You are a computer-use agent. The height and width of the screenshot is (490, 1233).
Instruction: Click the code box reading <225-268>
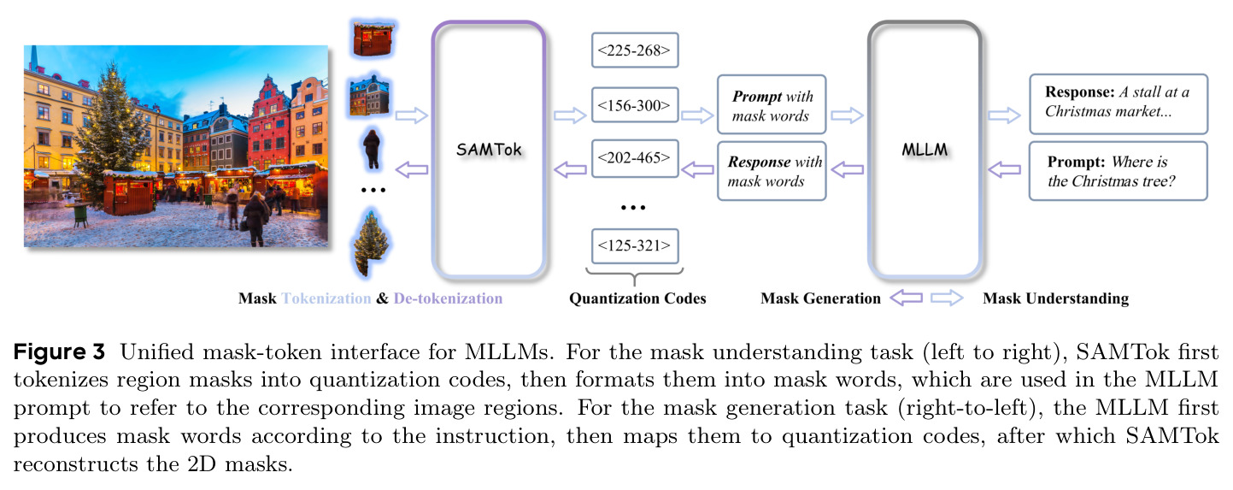tap(635, 50)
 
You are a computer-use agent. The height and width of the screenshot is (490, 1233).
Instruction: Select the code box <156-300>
tap(635, 104)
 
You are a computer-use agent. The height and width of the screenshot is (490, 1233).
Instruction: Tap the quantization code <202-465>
tap(635, 158)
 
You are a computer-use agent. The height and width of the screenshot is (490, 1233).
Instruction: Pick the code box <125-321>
tap(635, 245)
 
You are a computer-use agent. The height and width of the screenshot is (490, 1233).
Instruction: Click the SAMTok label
tap(489, 150)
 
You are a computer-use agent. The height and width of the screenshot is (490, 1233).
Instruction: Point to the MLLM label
tap(925, 150)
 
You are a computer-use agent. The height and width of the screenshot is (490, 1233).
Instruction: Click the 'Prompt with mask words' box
tap(772, 104)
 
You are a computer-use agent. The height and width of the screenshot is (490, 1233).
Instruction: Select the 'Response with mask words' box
tap(772, 171)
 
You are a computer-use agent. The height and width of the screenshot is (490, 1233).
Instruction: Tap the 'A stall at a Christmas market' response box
tap(1119, 104)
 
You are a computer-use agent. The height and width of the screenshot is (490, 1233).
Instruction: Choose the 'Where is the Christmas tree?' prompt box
tap(1119, 171)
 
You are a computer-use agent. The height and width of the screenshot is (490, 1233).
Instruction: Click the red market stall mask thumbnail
tap(373, 38)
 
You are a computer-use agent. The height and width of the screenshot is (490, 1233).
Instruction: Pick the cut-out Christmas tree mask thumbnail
tap(372, 243)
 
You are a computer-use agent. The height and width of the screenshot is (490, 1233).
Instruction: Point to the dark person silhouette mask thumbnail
tap(373, 149)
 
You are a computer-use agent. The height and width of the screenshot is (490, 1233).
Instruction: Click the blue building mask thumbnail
tap(369, 95)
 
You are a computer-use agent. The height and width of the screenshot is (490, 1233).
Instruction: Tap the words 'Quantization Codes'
tap(637, 298)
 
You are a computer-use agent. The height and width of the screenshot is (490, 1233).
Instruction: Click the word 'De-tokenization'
tap(448, 298)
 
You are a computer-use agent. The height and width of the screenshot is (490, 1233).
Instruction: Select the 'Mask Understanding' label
tap(1056, 298)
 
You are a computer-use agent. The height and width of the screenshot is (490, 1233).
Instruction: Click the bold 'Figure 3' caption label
tap(59, 351)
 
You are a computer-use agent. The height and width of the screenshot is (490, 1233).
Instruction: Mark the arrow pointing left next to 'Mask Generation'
tap(906, 298)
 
